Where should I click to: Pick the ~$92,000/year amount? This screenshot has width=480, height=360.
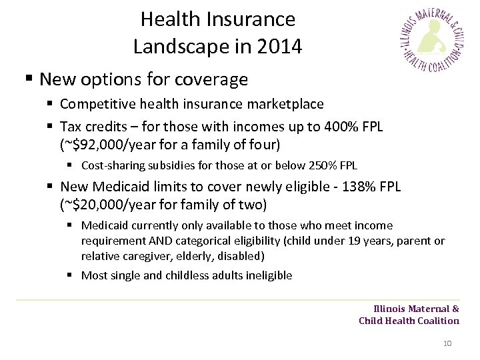click(x=107, y=143)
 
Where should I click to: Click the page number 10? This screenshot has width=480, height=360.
click(x=447, y=343)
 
